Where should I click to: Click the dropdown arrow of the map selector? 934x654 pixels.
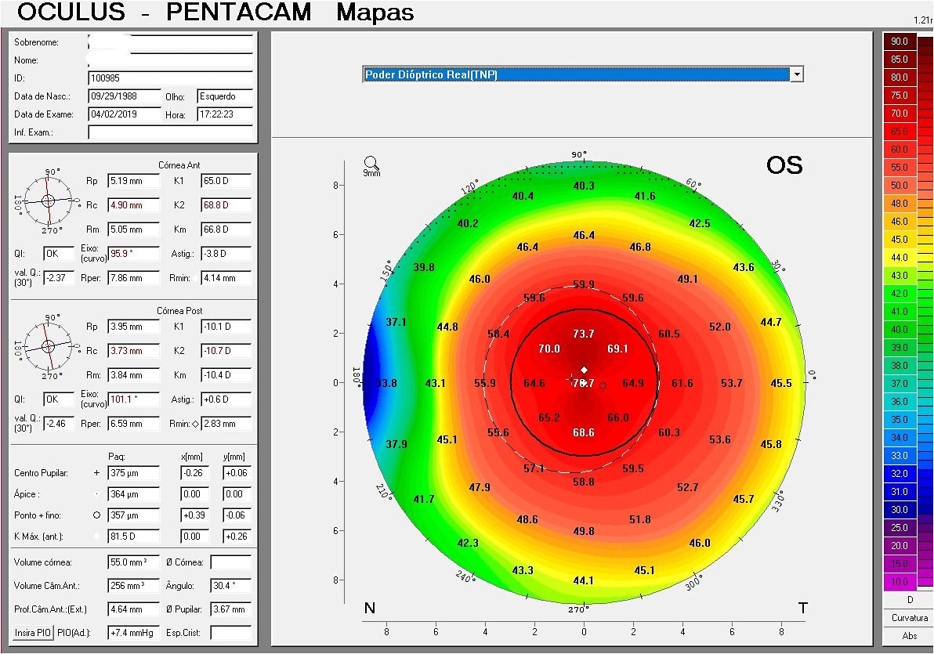tap(798, 74)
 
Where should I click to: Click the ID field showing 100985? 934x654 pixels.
tap(170, 78)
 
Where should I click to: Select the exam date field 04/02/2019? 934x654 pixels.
tap(124, 114)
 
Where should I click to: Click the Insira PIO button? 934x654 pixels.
tap(32, 632)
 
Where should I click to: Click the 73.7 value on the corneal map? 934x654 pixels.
tap(584, 334)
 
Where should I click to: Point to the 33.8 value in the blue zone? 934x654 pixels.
tap(387, 383)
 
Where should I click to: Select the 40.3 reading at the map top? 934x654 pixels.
tap(584, 186)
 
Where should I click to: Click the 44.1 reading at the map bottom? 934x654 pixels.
tap(584, 580)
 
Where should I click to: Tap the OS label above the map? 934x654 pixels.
tap(784, 165)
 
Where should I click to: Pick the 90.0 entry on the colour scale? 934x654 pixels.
tap(898, 41)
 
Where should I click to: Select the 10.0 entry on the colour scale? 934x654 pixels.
tap(898, 582)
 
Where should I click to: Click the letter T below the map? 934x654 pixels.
tap(802, 609)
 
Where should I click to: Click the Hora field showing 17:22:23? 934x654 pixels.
tap(225, 114)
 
